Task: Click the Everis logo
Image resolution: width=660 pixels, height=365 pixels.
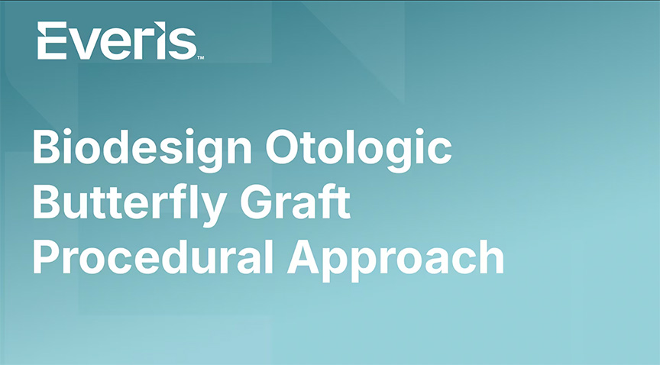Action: coord(121,40)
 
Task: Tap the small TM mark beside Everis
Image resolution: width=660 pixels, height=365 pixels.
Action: coord(201,58)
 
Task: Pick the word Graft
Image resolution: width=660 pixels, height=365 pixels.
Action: coord(295,200)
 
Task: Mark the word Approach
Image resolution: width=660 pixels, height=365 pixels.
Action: coord(395,259)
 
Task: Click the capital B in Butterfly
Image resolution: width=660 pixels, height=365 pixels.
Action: coord(47,200)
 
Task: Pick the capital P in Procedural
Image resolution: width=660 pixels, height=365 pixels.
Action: coord(46,257)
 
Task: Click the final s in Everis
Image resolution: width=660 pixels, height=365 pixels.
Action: coord(183,46)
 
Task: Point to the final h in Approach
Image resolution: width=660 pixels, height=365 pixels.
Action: coord(490,256)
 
